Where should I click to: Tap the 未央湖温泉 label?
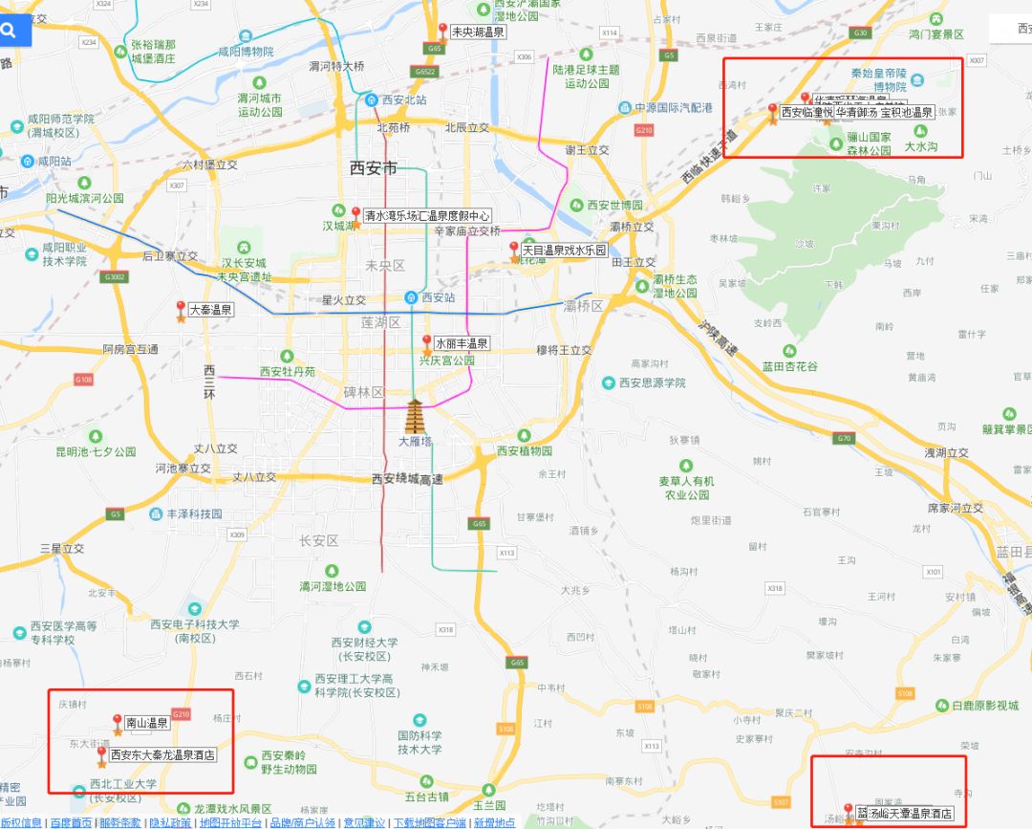click(x=479, y=32)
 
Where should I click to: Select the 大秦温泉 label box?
click(x=210, y=310)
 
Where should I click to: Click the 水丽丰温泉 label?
click(x=462, y=343)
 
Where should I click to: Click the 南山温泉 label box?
click(x=147, y=723)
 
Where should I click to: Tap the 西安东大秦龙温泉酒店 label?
click(x=162, y=754)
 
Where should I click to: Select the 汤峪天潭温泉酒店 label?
click(x=905, y=814)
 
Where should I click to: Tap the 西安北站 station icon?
click(x=370, y=99)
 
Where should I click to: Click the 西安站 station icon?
click(x=411, y=297)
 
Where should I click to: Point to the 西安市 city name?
click(x=373, y=168)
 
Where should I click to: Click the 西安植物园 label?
click(x=525, y=450)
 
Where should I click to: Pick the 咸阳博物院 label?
click(x=246, y=52)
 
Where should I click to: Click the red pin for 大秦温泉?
click(x=181, y=307)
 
